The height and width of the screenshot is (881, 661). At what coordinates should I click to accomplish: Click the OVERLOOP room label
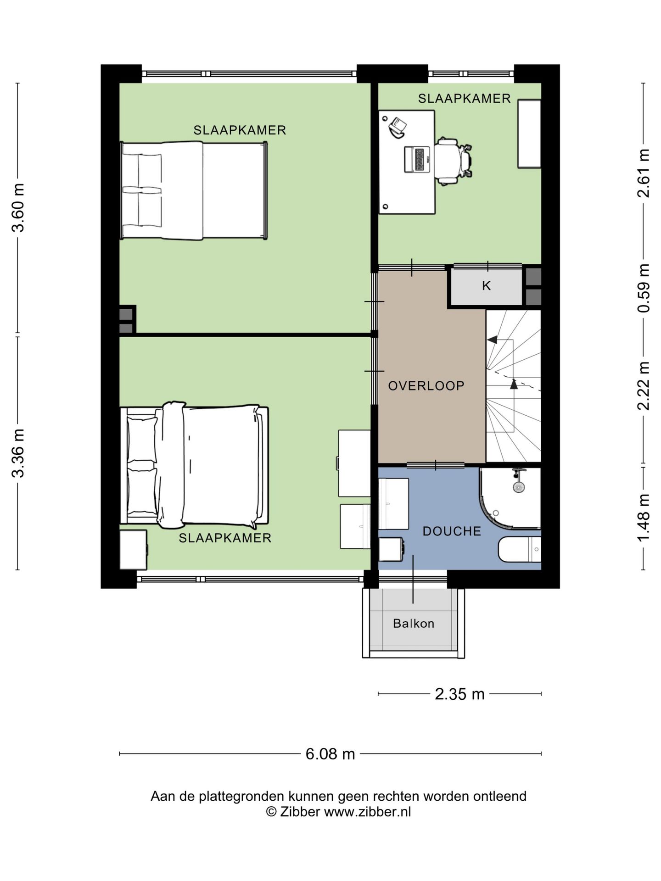[x=426, y=386]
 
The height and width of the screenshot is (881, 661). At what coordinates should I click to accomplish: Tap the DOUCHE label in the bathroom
[x=452, y=531]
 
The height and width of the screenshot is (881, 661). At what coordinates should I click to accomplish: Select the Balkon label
[x=414, y=624]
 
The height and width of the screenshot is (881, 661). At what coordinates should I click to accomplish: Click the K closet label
[x=486, y=286]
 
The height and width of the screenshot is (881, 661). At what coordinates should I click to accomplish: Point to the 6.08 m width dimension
[x=330, y=754]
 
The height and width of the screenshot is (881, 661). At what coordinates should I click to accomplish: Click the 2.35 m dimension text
[x=459, y=694]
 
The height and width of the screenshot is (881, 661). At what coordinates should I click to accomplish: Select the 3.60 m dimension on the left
[x=18, y=208]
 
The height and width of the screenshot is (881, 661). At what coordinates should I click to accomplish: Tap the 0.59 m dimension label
[x=644, y=289]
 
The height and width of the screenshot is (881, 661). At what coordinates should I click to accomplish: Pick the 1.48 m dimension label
[x=644, y=518]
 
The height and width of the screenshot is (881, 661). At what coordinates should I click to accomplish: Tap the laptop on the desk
[x=417, y=160]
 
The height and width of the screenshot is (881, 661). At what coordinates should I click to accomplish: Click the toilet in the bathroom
[x=520, y=549]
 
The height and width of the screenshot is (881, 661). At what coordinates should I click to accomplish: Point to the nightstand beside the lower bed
[x=134, y=550]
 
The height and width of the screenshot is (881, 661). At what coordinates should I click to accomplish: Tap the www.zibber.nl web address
[x=367, y=812]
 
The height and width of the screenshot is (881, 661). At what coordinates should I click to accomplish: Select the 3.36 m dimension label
[x=18, y=453]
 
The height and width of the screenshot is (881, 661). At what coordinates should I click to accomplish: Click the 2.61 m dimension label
[x=644, y=173]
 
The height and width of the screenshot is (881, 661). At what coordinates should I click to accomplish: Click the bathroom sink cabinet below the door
[x=393, y=504]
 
